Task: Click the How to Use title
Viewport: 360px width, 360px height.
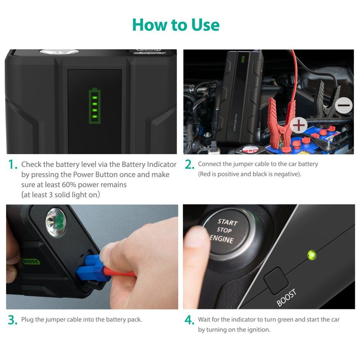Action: click(176, 25)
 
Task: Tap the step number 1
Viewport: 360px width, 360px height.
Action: click(13, 165)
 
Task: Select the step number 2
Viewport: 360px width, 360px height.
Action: click(190, 165)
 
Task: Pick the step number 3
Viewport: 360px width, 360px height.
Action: click(13, 320)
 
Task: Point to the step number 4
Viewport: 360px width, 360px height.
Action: click(190, 320)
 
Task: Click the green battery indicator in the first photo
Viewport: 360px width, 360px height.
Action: click(95, 106)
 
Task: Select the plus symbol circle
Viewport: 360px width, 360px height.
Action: click(298, 125)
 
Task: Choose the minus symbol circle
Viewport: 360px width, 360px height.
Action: click(344, 105)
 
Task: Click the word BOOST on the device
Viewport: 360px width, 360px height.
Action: click(287, 297)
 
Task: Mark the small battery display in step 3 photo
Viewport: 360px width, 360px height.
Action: click(31, 261)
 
